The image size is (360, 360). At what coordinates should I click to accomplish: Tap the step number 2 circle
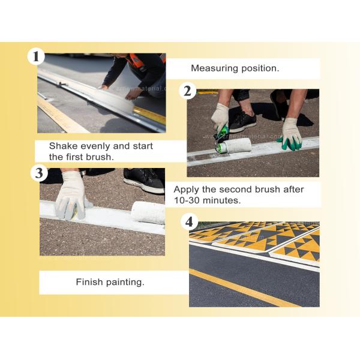(188, 91)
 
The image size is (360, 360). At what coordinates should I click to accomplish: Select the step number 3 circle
(39, 173)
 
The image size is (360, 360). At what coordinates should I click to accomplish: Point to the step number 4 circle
(189, 222)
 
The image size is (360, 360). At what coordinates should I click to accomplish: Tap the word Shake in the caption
(62, 146)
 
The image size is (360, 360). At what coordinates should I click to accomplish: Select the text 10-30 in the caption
(188, 200)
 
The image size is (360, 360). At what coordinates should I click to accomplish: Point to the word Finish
(89, 281)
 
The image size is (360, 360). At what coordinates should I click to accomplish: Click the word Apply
(187, 189)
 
